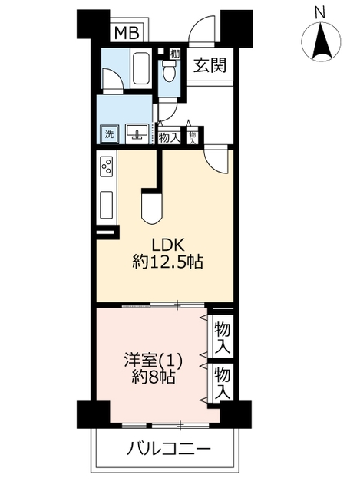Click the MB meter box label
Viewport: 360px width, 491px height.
pos(127,33)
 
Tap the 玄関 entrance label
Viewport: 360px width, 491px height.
pos(210,65)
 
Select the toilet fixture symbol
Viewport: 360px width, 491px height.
pos(169,71)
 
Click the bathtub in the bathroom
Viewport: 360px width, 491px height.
pos(142,68)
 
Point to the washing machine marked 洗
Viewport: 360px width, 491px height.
pos(109,135)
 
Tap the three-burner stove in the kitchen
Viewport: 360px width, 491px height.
pos(106,166)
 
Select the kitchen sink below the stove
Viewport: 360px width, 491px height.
pos(107,206)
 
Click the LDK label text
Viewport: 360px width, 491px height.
pos(167,245)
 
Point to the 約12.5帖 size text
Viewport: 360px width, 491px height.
pos(167,262)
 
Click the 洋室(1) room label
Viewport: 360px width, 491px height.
pos(154,361)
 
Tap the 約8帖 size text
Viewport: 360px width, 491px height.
pos(154,378)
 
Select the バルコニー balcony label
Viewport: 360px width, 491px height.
pos(169,450)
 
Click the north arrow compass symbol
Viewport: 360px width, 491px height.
pos(321,41)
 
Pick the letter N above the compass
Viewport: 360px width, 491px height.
pos(320,13)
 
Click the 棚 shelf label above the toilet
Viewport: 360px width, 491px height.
pos(175,54)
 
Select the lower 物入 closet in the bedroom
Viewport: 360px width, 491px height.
pos(223,384)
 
